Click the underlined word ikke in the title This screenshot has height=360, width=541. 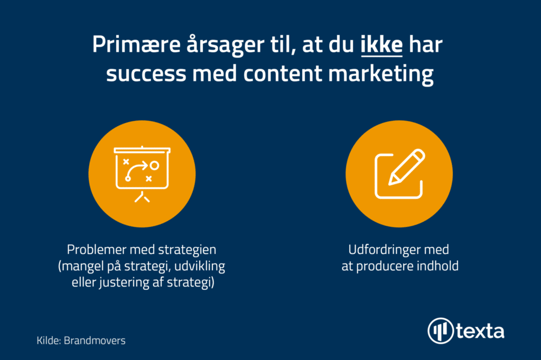point(381,44)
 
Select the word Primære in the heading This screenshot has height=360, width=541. point(136,44)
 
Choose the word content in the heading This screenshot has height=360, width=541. point(283,73)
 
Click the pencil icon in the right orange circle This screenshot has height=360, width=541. point(407,167)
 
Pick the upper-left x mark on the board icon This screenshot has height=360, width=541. point(126,162)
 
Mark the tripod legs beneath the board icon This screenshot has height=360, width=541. point(142,197)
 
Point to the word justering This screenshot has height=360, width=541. point(124,282)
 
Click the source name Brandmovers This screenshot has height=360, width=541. point(95,340)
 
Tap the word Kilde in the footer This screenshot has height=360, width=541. point(49,340)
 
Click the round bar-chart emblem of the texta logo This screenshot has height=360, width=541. point(441,330)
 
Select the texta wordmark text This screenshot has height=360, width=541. point(480,331)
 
